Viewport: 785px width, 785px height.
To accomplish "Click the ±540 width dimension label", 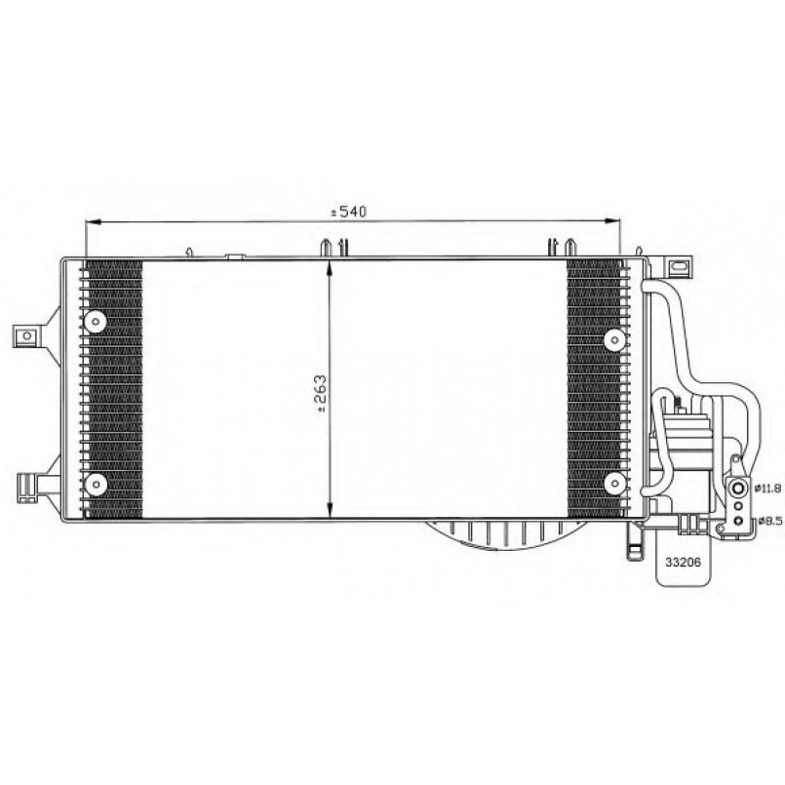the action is (348, 212).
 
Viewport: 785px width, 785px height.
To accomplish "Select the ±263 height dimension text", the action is (321, 394).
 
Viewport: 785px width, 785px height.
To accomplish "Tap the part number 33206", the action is (683, 562).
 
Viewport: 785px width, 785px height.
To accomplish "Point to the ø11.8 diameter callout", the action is (768, 487).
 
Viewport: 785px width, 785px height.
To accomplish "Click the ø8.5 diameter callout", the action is (770, 521).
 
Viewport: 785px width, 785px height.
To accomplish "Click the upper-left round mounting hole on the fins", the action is (96, 321).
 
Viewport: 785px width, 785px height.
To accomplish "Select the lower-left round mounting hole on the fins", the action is (96, 484).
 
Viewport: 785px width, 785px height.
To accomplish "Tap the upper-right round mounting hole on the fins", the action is (614, 340).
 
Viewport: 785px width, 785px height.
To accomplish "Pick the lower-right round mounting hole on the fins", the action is (614, 484).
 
